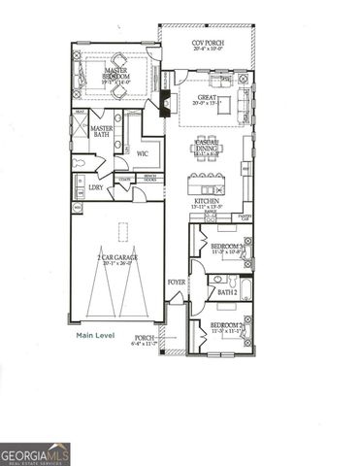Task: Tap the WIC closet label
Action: click(x=142, y=152)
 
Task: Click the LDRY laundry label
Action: click(x=96, y=186)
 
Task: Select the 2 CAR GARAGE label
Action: click(x=115, y=258)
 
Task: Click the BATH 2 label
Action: click(x=227, y=291)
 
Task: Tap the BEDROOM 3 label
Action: click(x=227, y=247)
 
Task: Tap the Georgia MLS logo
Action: click(x=35, y=454)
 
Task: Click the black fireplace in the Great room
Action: click(x=164, y=103)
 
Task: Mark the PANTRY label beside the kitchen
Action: click(x=245, y=217)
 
